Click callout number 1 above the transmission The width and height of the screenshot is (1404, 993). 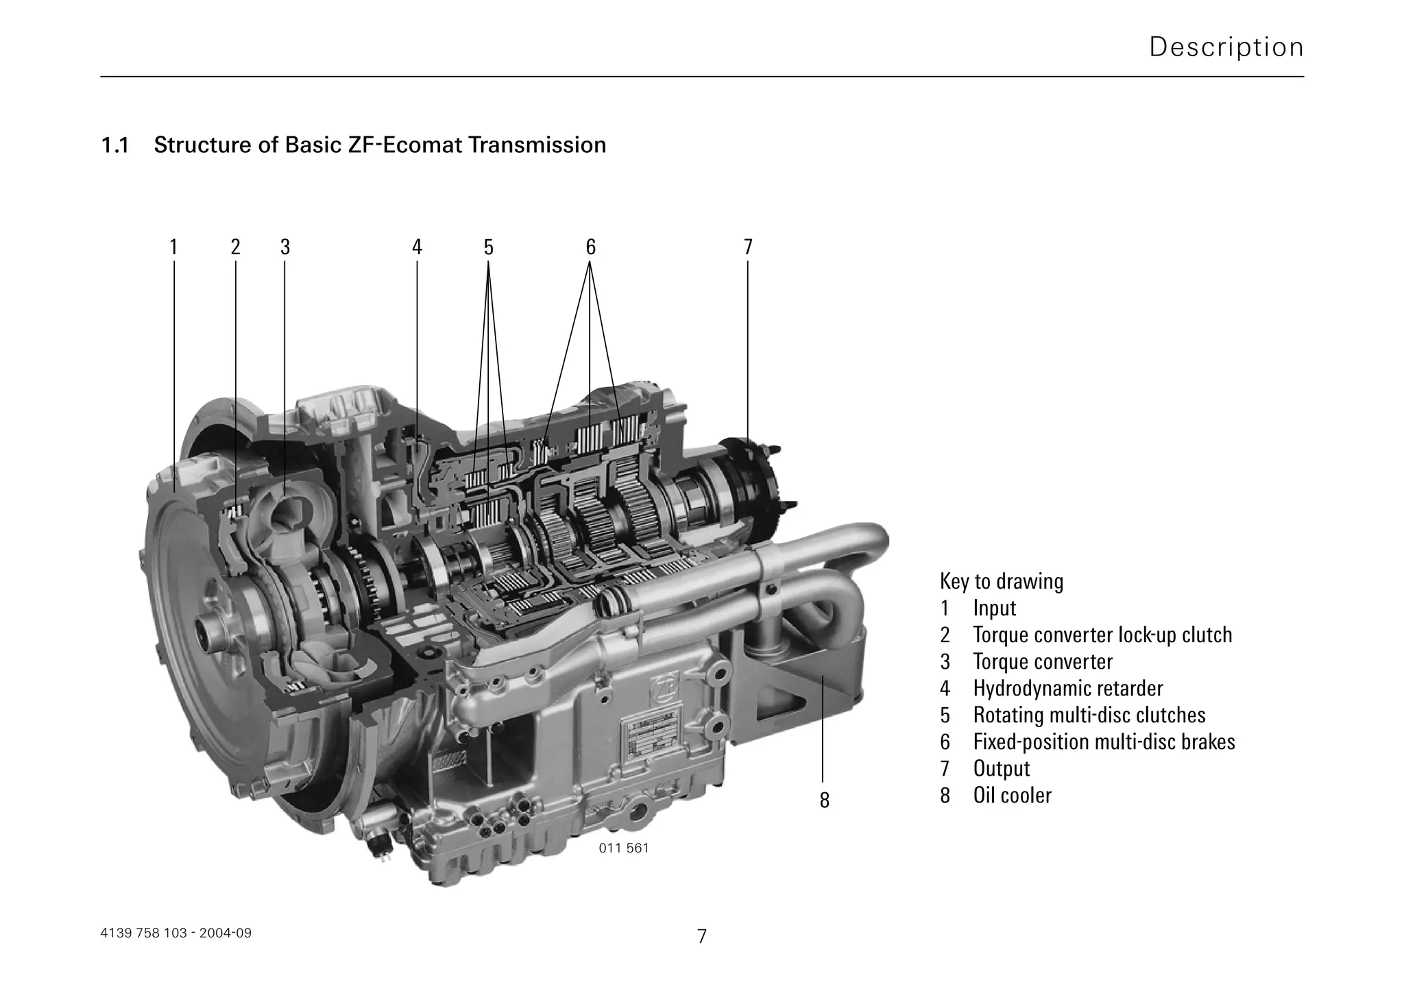(173, 247)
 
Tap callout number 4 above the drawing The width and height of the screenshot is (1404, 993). (417, 247)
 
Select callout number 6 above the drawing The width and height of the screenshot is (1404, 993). (590, 247)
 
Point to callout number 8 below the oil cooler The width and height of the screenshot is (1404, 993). (824, 800)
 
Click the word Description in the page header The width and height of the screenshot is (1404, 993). (1226, 47)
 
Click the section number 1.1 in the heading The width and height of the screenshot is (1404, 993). (115, 145)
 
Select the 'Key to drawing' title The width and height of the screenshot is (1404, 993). (1001, 581)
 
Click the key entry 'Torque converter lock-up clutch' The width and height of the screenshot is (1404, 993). (1102, 635)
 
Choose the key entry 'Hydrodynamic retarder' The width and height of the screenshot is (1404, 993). (1067, 688)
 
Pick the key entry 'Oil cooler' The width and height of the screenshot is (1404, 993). (1012, 795)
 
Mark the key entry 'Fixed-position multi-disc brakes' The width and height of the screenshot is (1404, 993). (1103, 741)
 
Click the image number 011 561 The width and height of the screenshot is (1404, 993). (623, 848)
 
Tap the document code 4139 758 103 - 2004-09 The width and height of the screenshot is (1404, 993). (176, 933)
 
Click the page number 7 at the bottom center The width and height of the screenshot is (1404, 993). (701, 936)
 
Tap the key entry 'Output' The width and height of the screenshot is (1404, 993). (1001, 768)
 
